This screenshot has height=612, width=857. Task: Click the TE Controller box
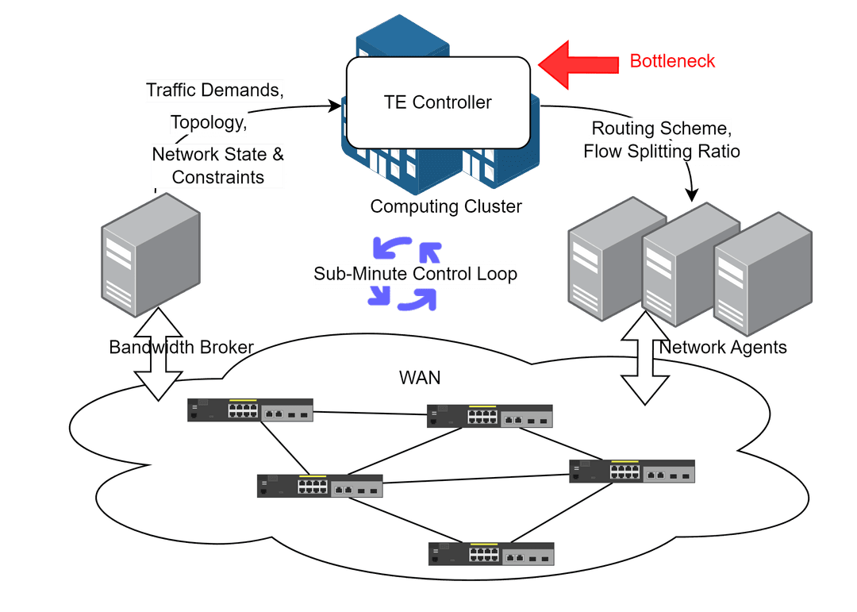click(438, 102)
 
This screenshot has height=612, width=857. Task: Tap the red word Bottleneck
click(673, 61)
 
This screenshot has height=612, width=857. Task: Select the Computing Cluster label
click(446, 207)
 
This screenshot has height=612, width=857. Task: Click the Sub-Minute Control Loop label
click(415, 275)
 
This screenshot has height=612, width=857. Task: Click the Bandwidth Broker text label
click(181, 347)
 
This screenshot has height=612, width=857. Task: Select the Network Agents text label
click(723, 347)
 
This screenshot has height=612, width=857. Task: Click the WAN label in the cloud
click(420, 377)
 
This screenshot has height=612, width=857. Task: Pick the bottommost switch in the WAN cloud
click(490, 553)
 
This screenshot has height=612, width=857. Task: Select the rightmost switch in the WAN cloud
click(632, 472)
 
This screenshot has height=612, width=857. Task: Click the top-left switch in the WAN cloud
click(250, 410)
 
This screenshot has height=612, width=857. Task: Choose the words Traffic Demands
click(214, 90)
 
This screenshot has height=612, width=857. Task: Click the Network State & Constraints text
click(218, 165)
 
